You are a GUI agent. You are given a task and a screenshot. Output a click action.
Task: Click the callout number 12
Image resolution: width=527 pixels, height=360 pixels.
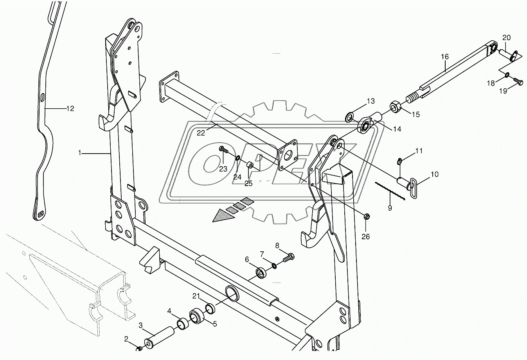tap(70, 108)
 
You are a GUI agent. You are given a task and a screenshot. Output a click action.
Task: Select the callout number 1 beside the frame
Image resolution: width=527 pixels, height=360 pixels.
tap(80, 153)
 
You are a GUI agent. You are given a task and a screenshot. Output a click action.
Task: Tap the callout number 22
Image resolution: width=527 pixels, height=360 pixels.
tap(200, 133)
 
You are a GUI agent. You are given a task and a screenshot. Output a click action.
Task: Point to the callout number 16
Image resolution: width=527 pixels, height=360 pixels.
tap(445, 57)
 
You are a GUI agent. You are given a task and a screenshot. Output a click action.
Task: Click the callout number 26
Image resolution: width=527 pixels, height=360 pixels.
tap(365, 236)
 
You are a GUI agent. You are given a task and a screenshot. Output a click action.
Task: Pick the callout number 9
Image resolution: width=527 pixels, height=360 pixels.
tap(390, 208)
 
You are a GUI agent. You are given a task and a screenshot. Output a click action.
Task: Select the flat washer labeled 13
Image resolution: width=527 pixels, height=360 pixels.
tap(349, 116)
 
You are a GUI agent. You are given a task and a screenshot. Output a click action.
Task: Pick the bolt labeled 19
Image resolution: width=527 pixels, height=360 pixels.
tap(518, 81)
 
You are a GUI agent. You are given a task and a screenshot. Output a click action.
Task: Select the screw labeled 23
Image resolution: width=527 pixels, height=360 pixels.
tap(223, 149)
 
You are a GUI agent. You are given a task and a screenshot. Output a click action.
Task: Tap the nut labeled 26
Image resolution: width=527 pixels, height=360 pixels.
tap(367, 217)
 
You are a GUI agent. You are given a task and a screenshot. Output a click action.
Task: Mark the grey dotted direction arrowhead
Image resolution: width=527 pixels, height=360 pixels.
tap(221, 216)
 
